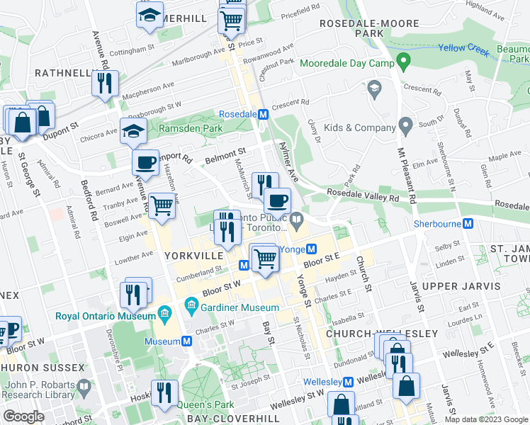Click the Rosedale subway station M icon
click(263, 114)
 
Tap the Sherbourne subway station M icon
click(468, 224)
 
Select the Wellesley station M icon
click(348, 382)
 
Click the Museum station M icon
click(187, 341)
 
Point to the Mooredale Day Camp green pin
click(405, 62)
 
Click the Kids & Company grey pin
click(405, 127)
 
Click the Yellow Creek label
click(461, 48)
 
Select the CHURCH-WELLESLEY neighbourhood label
click(368, 333)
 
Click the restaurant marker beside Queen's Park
click(164, 392)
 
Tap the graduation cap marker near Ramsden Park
click(133, 131)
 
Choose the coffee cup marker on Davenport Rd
click(146, 162)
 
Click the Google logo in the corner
click(24, 416)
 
